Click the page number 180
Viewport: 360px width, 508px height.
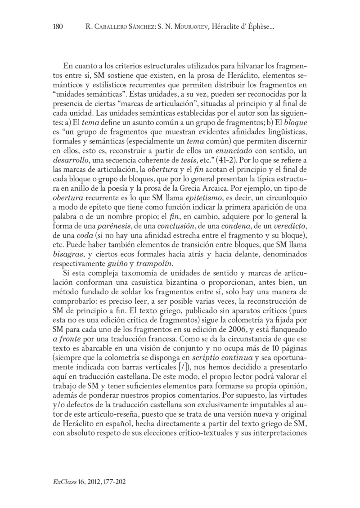tap(58, 27)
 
